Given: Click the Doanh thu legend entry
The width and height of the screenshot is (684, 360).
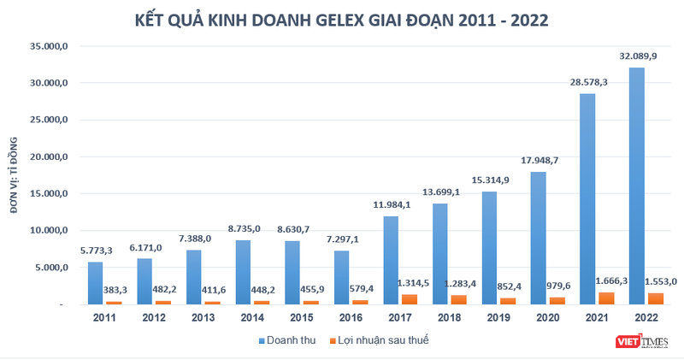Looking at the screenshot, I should (286, 339).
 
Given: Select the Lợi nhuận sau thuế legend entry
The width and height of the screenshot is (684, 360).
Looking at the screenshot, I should (386, 339).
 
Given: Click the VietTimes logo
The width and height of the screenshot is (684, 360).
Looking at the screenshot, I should (641, 342).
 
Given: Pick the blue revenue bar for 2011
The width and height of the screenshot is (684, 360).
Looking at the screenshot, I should (96, 283).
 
